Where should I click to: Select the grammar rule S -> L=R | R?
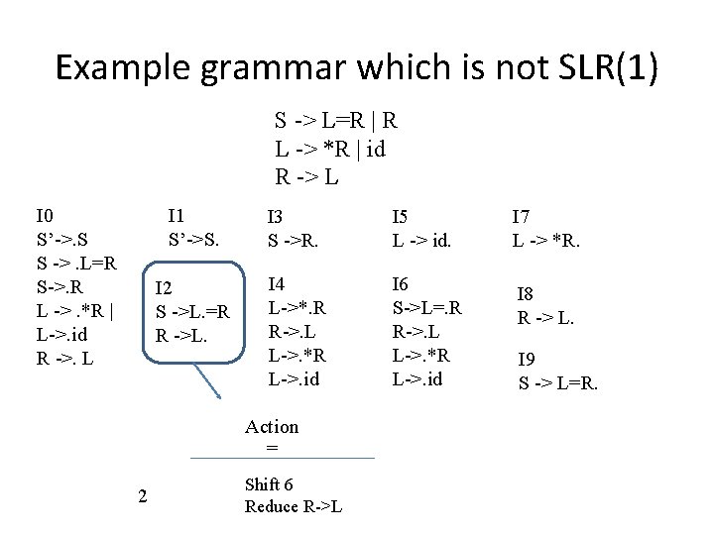click(x=336, y=122)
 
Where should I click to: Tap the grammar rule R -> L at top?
click(x=307, y=178)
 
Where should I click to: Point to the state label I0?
click(x=45, y=216)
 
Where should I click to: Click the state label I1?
click(x=178, y=216)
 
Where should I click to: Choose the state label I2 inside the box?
click(x=165, y=288)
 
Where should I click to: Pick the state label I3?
click(x=277, y=217)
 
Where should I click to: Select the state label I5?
click(x=402, y=217)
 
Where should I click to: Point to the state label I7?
click(x=522, y=217)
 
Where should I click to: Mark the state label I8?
click(x=527, y=293)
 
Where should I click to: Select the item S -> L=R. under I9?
click(x=558, y=382)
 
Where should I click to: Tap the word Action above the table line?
click(x=272, y=427)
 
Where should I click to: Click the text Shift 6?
click(x=268, y=484)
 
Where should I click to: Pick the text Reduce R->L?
click(x=294, y=506)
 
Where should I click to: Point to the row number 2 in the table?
click(x=142, y=496)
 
